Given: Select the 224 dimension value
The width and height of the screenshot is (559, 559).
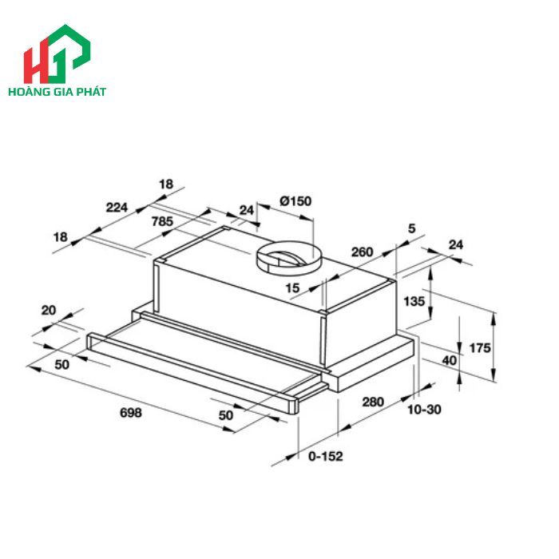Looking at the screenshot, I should coord(117,208).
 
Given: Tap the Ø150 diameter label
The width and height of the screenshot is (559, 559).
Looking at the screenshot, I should coord(295,201).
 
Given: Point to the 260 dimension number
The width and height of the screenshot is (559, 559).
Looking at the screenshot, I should coord(362,252).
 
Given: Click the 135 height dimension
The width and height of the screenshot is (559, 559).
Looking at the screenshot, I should coord(414,302).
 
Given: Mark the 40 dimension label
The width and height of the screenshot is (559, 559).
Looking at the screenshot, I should coord(449,359).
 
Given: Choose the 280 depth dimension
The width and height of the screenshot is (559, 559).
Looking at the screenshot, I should coord(374,401).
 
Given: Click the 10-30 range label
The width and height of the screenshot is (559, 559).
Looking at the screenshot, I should coord(424,410).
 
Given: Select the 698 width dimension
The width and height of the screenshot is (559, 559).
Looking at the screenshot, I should coord(130,413).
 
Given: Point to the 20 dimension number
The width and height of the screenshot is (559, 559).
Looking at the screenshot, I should coord(48,310).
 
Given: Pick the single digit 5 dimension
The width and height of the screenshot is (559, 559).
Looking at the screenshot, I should coord(411,229).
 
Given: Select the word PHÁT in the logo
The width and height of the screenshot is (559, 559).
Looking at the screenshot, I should coord(90,92).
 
